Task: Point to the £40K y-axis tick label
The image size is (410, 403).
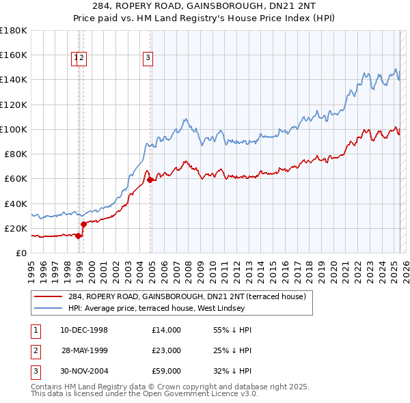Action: [x=15, y=204]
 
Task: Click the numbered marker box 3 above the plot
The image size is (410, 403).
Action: [x=148, y=59]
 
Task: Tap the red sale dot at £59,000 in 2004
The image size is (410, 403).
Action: [x=150, y=180]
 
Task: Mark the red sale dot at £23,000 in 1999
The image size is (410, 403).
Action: [x=83, y=224]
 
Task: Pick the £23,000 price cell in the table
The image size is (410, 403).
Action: [x=167, y=350]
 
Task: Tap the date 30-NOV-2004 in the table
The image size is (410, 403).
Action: [x=84, y=371]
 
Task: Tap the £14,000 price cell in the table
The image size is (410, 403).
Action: [x=167, y=330]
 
